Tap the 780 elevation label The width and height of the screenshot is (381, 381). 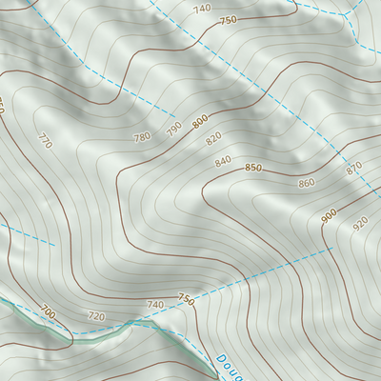point(142,136)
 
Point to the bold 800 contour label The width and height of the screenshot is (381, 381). point(200,121)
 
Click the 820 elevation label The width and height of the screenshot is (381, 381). point(213,139)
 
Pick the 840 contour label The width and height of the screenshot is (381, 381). point(223,161)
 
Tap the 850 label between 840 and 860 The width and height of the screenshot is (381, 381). point(252,168)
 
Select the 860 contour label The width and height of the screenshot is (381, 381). point(306,183)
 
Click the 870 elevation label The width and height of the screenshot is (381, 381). point(354,168)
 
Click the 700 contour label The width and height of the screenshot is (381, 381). point(48,311)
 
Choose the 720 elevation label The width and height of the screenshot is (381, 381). point(95,315)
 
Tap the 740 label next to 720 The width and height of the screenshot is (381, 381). point(155,304)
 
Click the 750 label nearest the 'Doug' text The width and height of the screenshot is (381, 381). point(186,299)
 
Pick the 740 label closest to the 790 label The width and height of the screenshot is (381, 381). point(201,9)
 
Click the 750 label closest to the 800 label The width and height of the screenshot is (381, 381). point(228,20)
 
